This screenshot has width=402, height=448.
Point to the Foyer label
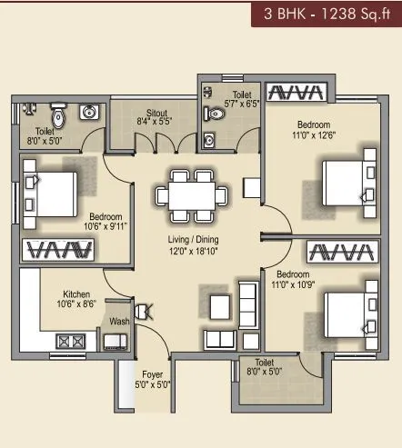tap(152, 378)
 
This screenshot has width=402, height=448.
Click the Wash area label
tap(119, 322)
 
